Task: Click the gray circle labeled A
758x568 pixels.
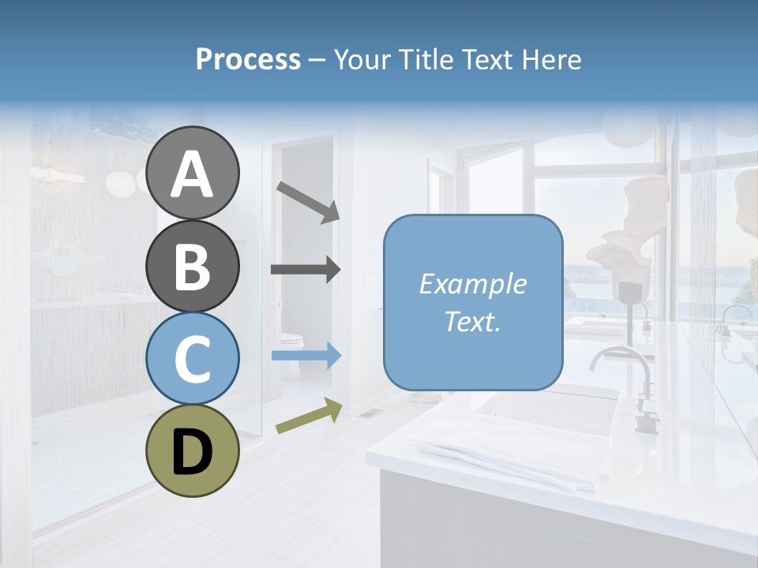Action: [x=192, y=174]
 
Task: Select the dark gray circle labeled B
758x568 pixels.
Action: [x=192, y=267]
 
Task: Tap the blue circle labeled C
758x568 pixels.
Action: [x=192, y=358]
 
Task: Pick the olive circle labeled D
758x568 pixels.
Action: [x=192, y=450]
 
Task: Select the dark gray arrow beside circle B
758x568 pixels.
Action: [x=306, y=270]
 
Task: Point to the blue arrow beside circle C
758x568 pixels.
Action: [x=306, y=356]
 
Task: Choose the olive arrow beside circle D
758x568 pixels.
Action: [x=309, y=417]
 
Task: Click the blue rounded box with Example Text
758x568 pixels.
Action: [x=473, y=302]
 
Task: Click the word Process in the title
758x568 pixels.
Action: [x=248, y=60]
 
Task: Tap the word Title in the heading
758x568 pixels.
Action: [x=419, y=60]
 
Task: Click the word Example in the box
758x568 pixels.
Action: [x=472, y=284]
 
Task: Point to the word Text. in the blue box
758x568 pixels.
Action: [x=472, y=321]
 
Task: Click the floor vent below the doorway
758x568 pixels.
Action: [x=368, y=413]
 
